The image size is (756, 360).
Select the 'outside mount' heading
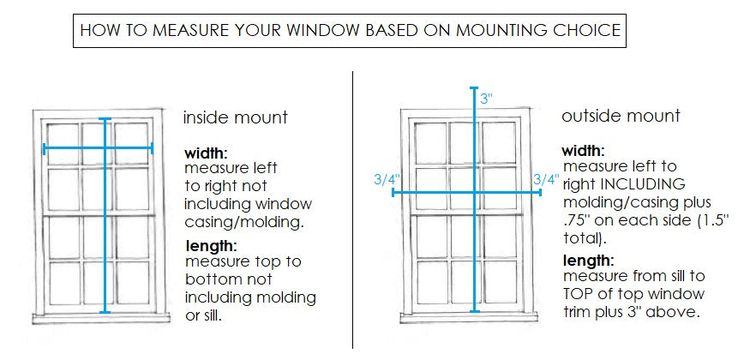pos(621,116)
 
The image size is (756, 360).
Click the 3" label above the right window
pos(486,99)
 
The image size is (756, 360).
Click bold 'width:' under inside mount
pos(206,153)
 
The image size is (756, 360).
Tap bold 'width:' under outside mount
pos(585,150)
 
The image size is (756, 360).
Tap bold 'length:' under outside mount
pos(588,261)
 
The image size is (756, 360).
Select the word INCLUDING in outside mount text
pos(647,184)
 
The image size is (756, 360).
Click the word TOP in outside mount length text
pos(580,295)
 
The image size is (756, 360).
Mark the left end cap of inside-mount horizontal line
pos(44,148)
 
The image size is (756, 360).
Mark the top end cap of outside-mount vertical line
pos(474,87)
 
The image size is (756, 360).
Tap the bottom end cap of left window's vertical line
pos(105,312)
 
